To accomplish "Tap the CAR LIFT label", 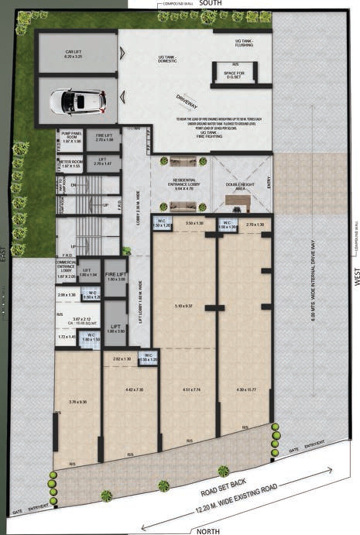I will point(73,54).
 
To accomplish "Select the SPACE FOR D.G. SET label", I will point(234,75).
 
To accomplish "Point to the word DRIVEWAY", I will point(187,102).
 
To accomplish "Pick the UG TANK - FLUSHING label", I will point(244,43).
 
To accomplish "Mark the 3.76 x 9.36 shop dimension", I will point(78,402).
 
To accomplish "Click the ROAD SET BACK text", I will point(223,488).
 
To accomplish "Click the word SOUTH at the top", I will point(210,3).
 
